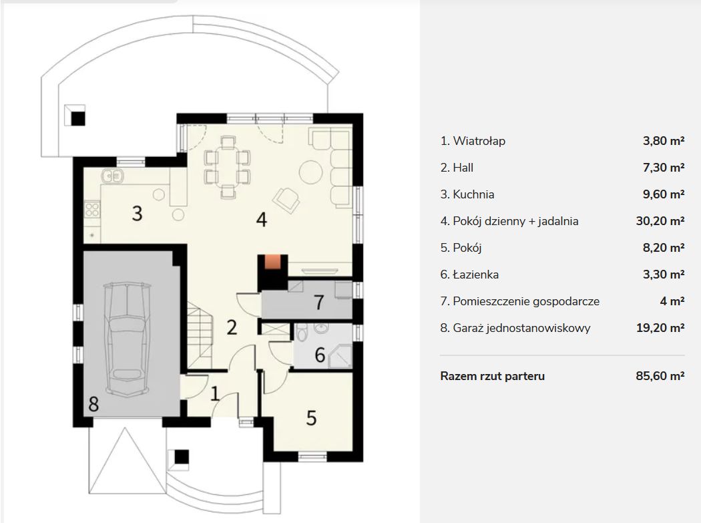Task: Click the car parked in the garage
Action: (x=127, y=339)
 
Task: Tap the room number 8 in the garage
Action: (x=93, y=404)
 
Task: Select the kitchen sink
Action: (x=112, y=176)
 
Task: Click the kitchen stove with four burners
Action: (x=92, y=209)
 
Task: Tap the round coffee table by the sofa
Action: (x=310, y=172)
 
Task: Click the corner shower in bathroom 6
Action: (x=340, y=356)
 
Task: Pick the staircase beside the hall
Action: (x=200, y=335)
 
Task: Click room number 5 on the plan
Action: (x=312, y=418)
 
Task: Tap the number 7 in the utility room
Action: (x=318, y=303)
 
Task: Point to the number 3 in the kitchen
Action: (x=138, y=213)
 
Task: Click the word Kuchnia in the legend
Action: (x=473, y=194)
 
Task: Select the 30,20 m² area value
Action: (x=660, y=220)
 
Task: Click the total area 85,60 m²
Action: (x=660, y=375)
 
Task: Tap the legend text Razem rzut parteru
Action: (x=492, y=376)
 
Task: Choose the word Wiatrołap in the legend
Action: (x=479, y=141)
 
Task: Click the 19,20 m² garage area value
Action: (x=660, y=327)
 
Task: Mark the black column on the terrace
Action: (x=78, y=118)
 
